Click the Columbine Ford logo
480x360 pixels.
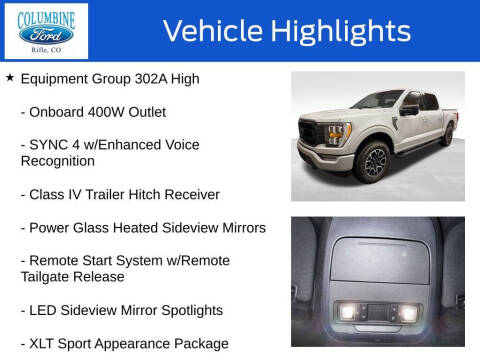[x=46, y=30]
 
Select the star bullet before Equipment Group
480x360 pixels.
[x=10, y=78]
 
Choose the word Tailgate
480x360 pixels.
[x=52, y=277]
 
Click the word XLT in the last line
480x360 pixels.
[x=48, y=343]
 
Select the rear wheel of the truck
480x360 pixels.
[x=447, y=136]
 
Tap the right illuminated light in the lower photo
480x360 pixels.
[x=411, y=312]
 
